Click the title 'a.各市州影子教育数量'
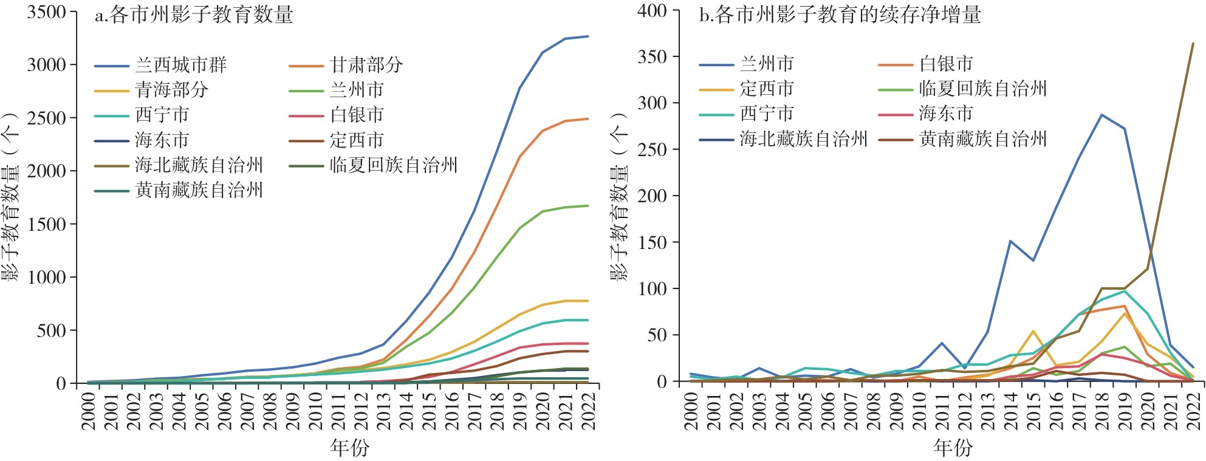pyautogui.click(x=194, y=15)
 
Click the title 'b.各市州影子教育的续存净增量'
pyautogui.click(x=840, y=15)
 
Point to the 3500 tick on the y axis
pyautogui.click(x=46, y=12)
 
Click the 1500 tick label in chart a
pyautogui.click(x=46, y=224)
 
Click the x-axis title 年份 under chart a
pyautogui.click(x=349, y=448)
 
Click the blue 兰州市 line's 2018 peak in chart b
pyautogui.click(x=1102, y=115)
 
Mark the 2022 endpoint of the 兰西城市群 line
pyautogui.click(x=588, y=36)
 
